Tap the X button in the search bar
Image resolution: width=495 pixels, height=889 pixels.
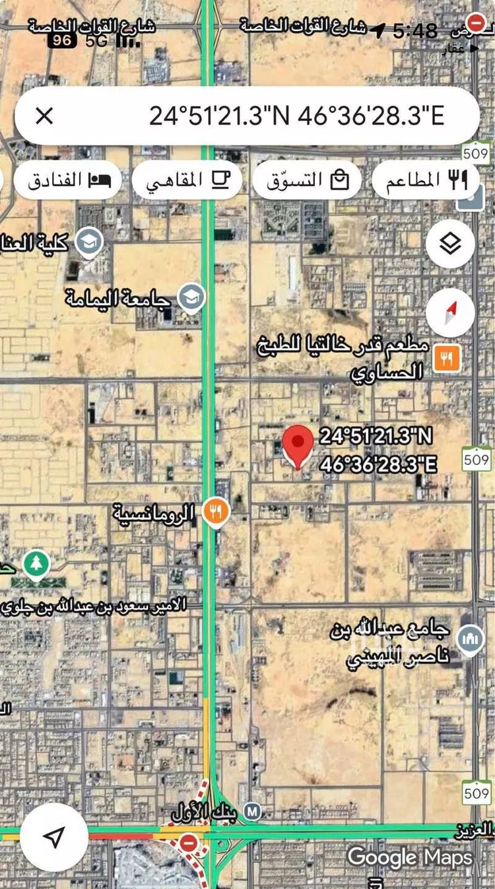[x=44, y=116]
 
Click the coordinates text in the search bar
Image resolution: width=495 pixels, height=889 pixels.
[x=296, y=116]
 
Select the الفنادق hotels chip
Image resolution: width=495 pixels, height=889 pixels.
[x=68, y=180]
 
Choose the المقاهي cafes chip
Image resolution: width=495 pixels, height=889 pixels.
[x=187, y=180]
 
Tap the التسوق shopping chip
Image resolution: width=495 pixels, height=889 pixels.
[x=307, y=180]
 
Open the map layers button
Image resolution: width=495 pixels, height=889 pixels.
[x=450, y=244]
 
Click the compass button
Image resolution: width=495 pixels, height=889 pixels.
[x=450, y=312]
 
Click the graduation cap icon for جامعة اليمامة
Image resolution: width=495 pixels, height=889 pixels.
[x=191, y=297]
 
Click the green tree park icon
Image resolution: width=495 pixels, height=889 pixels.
[x=36, y=564]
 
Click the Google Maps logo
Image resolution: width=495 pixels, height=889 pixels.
[x=410, y=857]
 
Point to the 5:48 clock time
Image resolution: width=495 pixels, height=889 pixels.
[x=415, y=30]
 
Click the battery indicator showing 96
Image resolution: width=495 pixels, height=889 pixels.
[x=63, y=40]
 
